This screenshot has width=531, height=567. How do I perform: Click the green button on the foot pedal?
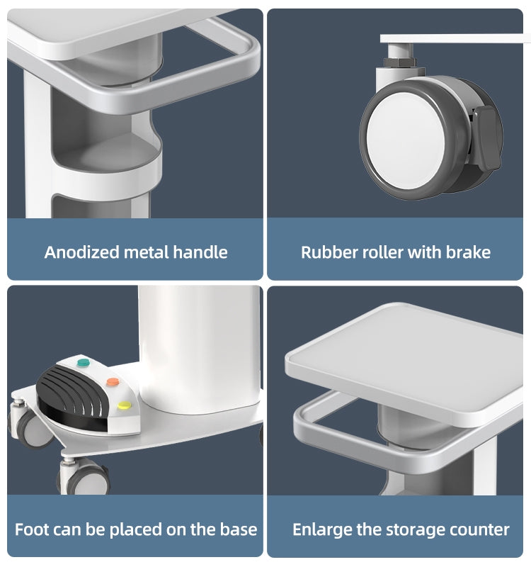pyautogui.click(x=84, y=362)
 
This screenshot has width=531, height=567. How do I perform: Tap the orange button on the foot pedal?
pyautogui.click(x=113, y=381)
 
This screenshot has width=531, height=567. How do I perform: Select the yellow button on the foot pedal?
pyautogui.click(x=125, y=405)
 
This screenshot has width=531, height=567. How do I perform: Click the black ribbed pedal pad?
pyautogui.click(x=72, y=391)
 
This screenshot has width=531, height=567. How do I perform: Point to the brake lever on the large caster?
pyautogui.click(x=487, y=137)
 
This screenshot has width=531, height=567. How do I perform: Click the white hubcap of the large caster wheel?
pyautogui.click(x=405, y=140)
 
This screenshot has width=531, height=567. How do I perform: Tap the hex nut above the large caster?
pyautogui.click(x=399, y=62)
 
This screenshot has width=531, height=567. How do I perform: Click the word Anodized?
pyautogui.click(x=82, y=252)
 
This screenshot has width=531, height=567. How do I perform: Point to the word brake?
pyautogui.click(x=468, y=252)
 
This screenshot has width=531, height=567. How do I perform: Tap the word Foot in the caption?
pyautogui.click(x=30, y=529)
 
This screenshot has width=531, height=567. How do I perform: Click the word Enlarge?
pyautogui.click(x=322, y=530)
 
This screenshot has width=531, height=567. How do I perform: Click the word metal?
pyautogui.click(x=147, y=252)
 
